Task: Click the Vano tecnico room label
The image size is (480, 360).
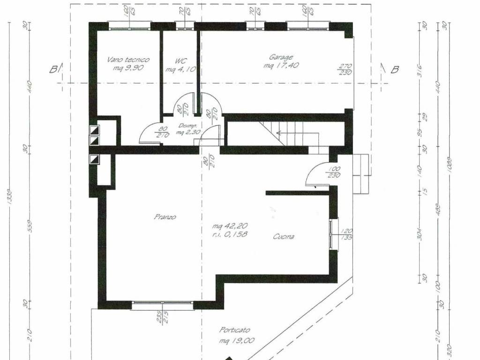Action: [x=128, y=60]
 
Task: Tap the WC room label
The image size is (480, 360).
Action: [x=181, y=61]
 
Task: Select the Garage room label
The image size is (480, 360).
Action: [x=281, y=58]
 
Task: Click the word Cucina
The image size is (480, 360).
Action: [x=284, y=237]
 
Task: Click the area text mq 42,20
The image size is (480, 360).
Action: [x=230, y=226]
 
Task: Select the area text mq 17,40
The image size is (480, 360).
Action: [x=282, y=66]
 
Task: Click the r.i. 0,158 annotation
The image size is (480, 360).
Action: [x=230, y=233]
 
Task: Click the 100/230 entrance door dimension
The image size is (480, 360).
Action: [x=334, y=172]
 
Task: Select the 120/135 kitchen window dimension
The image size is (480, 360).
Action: [x=347, y=234]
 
